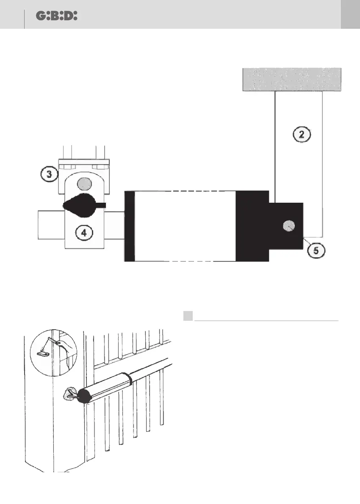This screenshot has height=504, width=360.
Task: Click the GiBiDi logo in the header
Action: click(56, 16)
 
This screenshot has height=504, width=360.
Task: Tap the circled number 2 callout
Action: click(301, 135)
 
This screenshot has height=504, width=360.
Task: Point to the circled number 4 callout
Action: click(84, 232)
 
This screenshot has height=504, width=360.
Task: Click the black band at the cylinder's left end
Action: click(129, 226)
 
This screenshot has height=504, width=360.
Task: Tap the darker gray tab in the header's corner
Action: click(350, 14)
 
